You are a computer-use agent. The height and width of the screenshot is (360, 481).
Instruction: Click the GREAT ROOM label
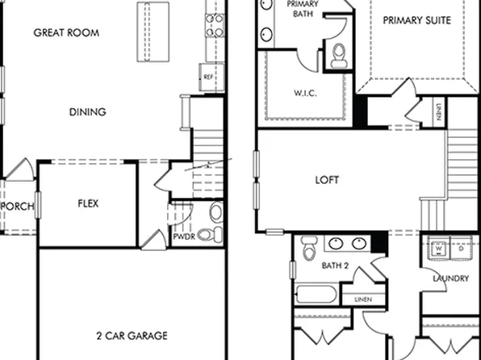tap(66, 33)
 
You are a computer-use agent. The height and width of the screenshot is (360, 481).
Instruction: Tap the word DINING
tap(87, 112)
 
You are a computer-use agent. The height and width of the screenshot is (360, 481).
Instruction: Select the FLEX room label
tap(88, 203)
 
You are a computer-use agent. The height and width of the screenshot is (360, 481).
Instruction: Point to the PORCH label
tap(19, 207)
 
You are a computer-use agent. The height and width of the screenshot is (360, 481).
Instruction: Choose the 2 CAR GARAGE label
tap(132, 335)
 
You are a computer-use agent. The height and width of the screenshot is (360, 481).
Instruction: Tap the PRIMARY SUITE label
tap(416, 19)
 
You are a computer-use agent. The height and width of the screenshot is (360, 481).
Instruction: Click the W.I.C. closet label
tap(304, 93)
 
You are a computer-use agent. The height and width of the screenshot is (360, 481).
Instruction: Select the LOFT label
tap(327, 180)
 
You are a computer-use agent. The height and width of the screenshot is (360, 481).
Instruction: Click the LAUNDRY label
tap(450, 278)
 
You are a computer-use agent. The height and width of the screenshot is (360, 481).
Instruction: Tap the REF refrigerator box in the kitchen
tap(208, 77)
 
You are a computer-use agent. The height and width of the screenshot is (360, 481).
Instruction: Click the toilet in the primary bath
tap(339, 55)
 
